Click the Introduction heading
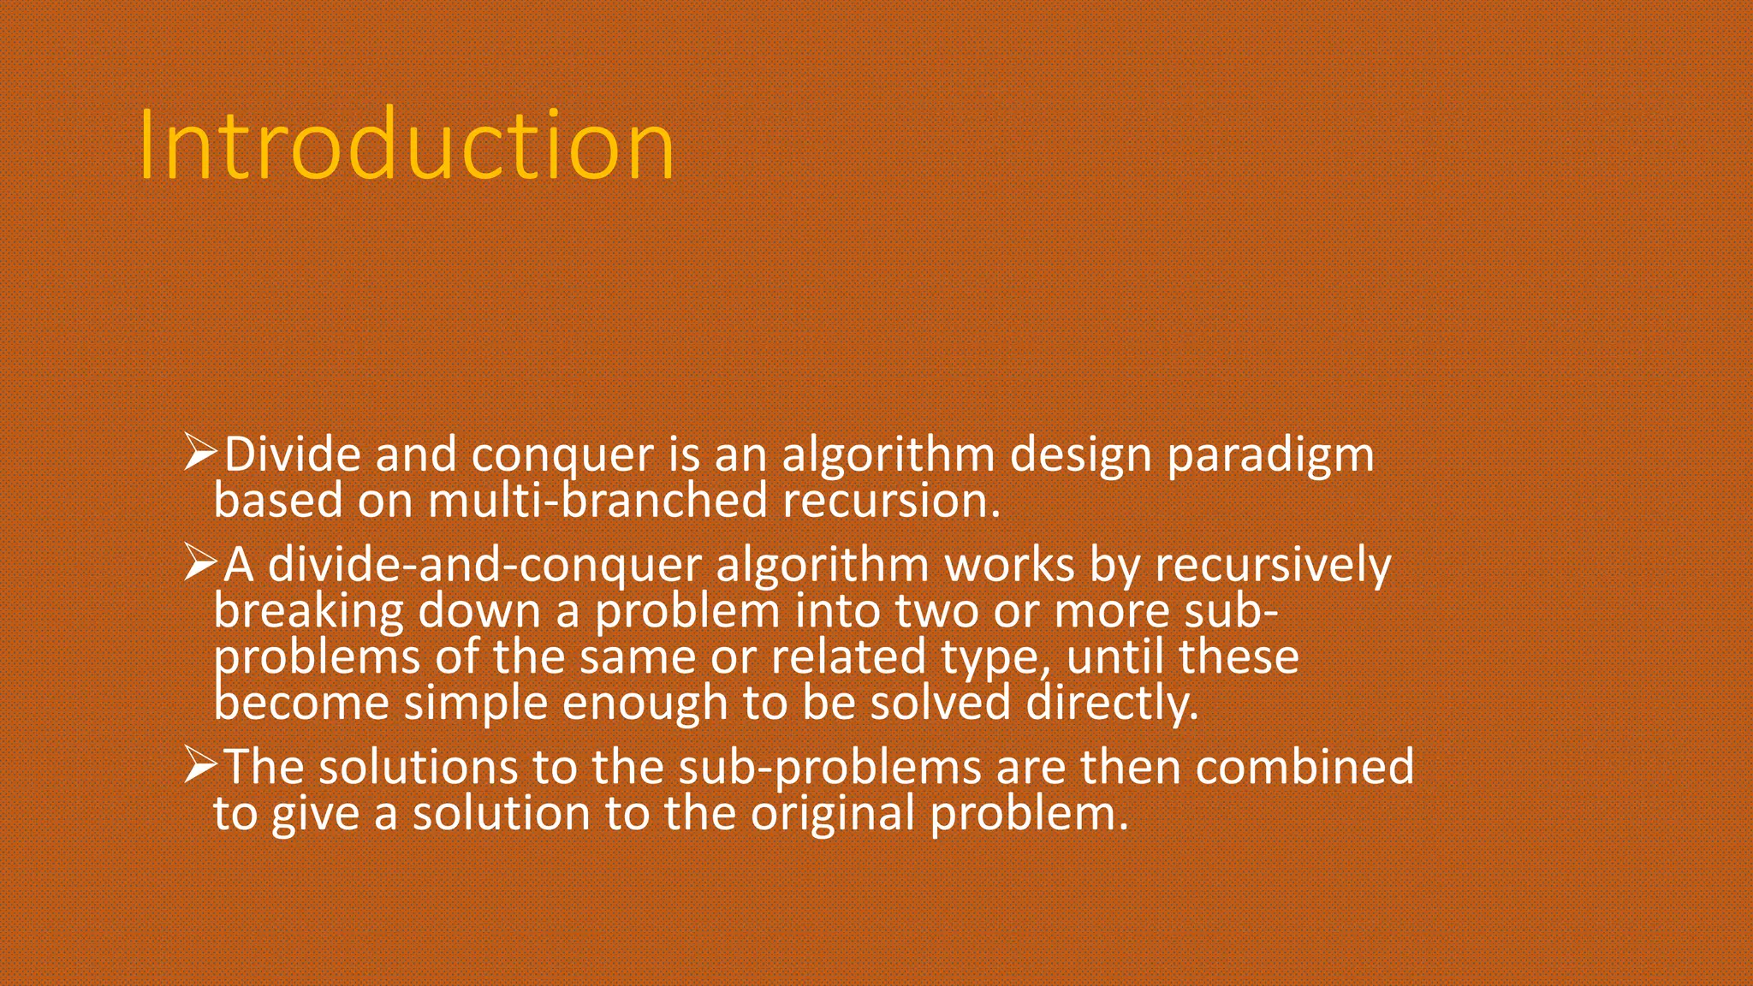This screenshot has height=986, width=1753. (407, 146)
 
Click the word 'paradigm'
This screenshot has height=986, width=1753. (1270, 455)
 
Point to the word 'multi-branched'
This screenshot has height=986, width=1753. (597, 500)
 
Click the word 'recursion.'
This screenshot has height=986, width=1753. (891, 500)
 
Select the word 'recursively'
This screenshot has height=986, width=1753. (1273, 566)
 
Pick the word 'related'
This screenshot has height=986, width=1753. (848, 657)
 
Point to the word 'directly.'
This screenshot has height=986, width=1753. (1112, 704)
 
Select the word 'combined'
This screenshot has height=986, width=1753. (1304, 766)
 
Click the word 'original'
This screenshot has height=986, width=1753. (834, 812)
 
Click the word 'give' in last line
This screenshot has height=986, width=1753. (315, 813)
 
